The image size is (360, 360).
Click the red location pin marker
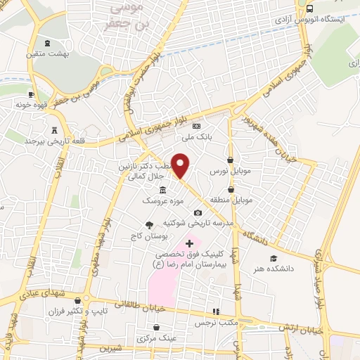coord(181,166)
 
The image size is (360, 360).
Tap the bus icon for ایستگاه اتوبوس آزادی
coord(310,8)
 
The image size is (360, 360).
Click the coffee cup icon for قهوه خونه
coord(31,94)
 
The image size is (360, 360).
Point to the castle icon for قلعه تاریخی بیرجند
coord(54,129)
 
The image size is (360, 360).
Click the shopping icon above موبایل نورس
coord(231,160)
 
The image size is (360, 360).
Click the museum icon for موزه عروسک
coord(163,191)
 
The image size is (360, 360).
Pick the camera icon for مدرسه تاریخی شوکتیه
coord(198,213)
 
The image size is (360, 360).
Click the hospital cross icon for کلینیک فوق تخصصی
coord(189,243)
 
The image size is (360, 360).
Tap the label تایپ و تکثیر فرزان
coord(77,311)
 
